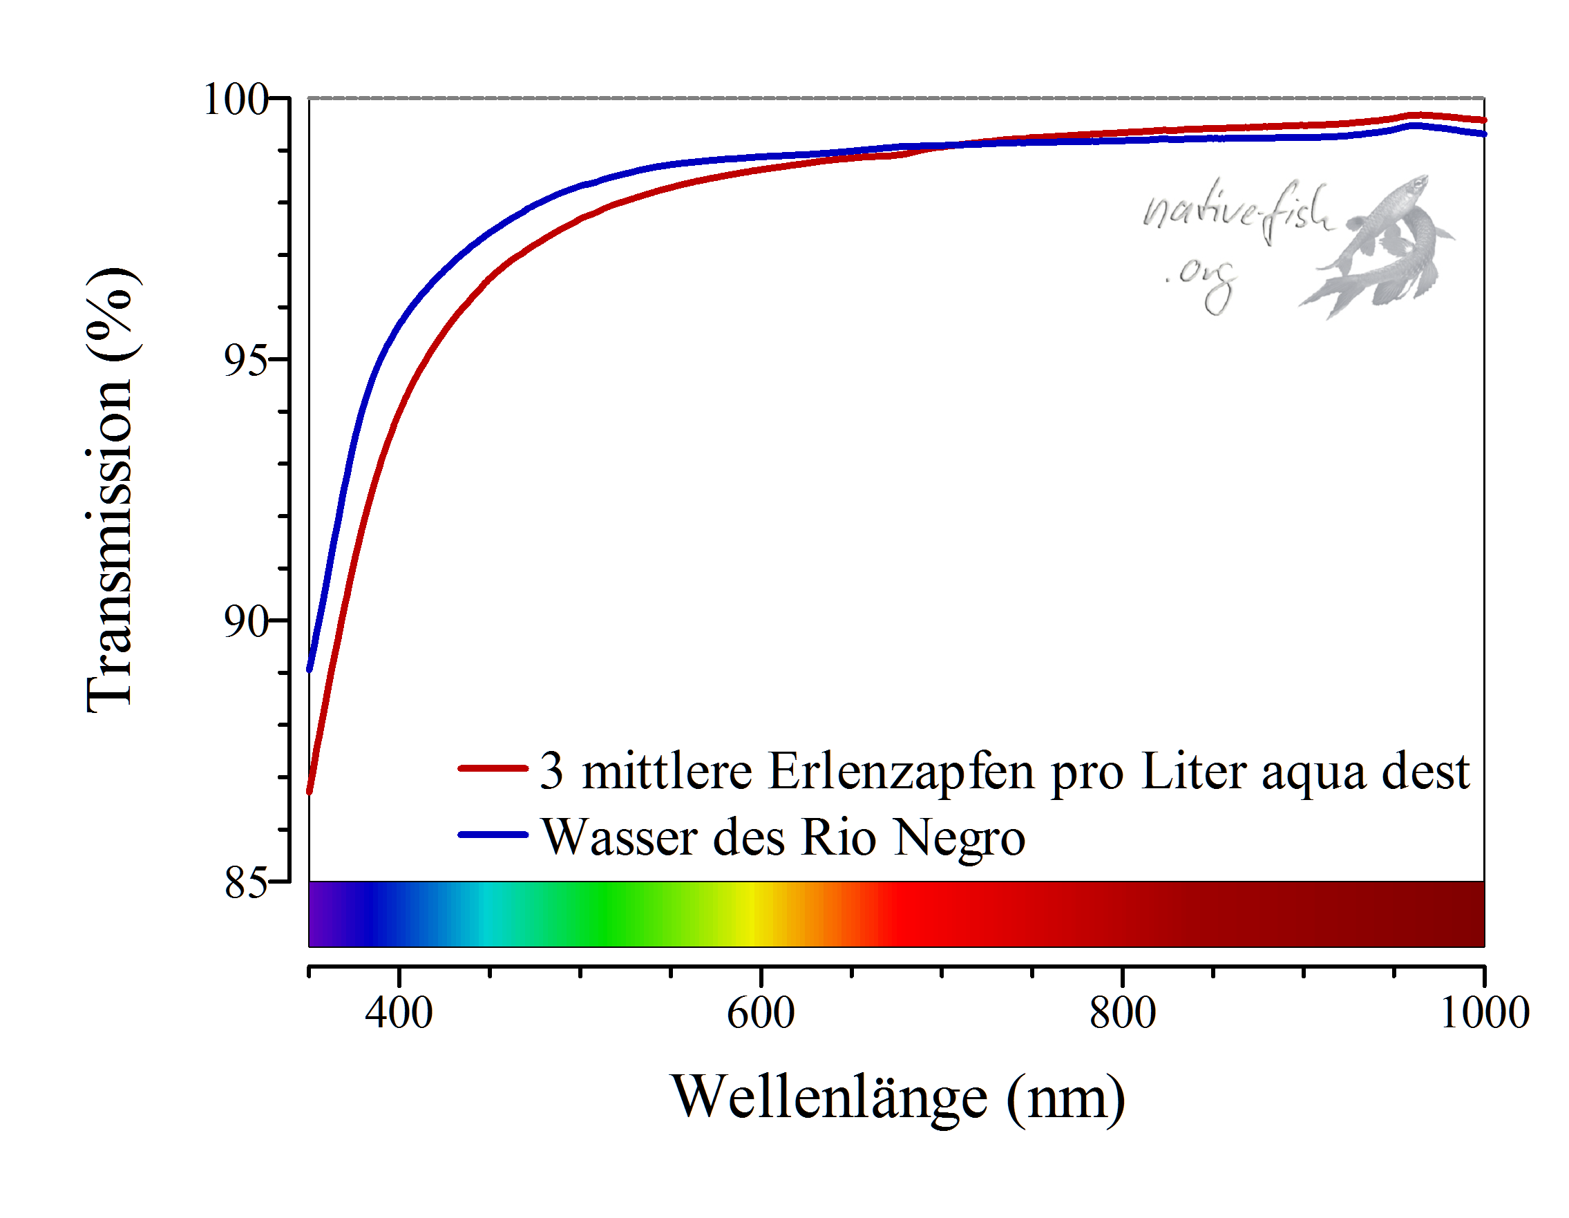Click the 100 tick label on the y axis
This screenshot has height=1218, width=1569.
coord(236,99)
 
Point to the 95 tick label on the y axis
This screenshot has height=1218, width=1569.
coord(246,360)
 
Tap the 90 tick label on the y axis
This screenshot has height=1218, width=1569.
coord(246,621)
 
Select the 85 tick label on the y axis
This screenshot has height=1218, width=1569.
coord(246,882)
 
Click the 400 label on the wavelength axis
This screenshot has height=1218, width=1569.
coord(399,1013)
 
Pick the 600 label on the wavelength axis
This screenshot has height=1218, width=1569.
coord(761,1013)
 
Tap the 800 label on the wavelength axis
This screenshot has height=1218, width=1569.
coord(1122,1013)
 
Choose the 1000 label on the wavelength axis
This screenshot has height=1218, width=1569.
coord(1484,1013)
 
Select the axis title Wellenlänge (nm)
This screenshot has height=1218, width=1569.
coord(898,1098)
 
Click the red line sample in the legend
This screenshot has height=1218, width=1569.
coord(493,768)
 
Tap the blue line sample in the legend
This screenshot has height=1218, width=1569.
coord(493,835)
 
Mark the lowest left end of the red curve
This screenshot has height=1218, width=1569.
coord(310,791)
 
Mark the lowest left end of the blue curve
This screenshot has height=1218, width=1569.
coord(310,669)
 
